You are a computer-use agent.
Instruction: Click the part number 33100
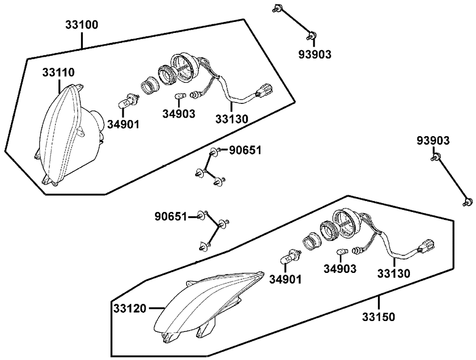tap(82, 25)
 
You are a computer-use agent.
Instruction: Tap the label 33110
tap(58, 72)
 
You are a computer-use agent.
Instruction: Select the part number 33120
tap(130, 309)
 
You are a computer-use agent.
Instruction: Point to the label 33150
tap(378, 317)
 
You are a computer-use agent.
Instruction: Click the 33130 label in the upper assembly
tap(232, 119)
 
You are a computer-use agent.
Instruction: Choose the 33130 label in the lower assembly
tap(394, 273)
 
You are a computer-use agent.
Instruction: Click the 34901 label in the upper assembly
tap(123, 124)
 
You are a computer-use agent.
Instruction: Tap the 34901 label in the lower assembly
tap(285, 279)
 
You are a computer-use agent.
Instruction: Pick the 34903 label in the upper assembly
tap(178, 114)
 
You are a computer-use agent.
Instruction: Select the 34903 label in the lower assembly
tap(340, 269)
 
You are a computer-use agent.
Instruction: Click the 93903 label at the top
tap(315, 54)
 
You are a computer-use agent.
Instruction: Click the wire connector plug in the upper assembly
tap(264, 90)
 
